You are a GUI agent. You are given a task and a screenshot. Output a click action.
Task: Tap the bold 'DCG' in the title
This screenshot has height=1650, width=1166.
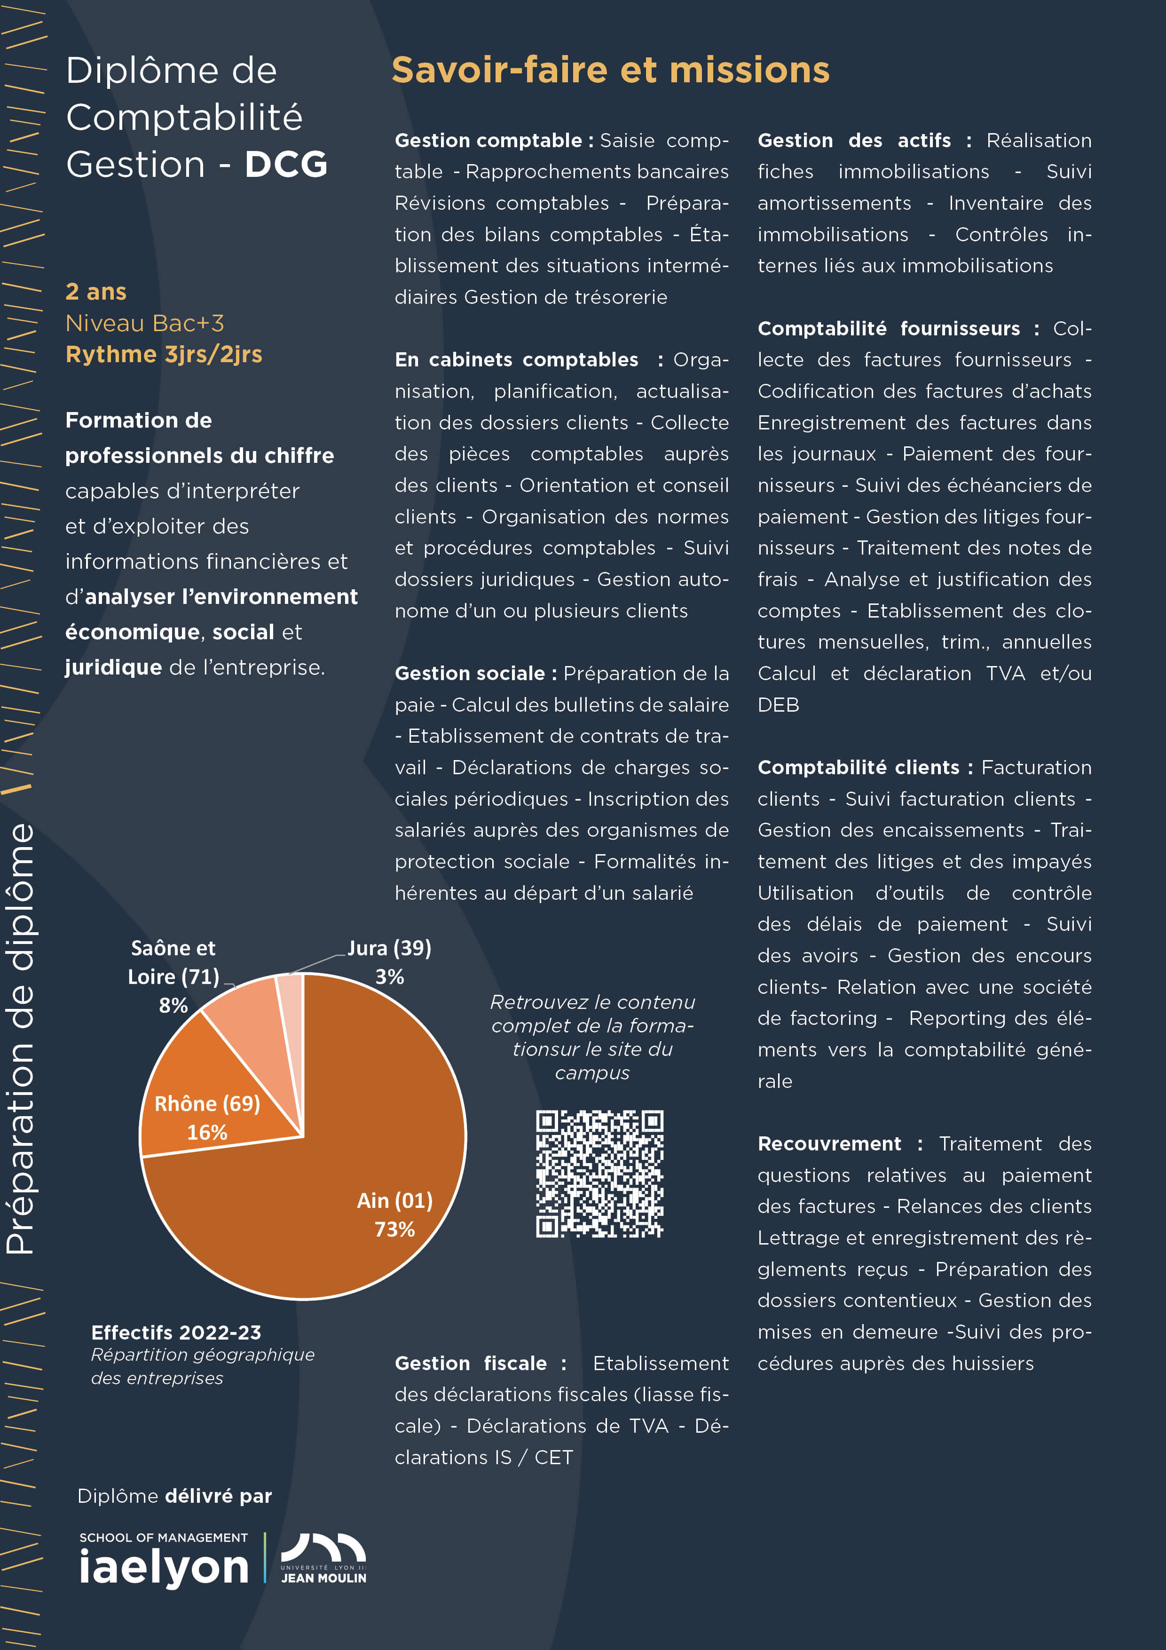(x=286, y=165)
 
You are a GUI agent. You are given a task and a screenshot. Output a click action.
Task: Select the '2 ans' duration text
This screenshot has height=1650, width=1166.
(x=95, y=292)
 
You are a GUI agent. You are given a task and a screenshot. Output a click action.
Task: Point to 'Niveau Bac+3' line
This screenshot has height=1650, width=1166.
(x=144, y=324)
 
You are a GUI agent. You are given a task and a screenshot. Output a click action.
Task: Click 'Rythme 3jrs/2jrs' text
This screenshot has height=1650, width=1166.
(x=164, y=354)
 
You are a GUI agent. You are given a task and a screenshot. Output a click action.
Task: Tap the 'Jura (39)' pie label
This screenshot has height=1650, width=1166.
(x=389, y=949)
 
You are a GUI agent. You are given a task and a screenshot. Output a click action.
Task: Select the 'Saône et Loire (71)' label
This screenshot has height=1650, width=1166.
(x=173, y=963)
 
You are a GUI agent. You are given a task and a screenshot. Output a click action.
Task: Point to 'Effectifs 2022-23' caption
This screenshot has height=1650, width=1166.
(x=176, y=1333)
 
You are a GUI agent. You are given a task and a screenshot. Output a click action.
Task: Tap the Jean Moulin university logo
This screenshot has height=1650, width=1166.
(x=323, y=1558)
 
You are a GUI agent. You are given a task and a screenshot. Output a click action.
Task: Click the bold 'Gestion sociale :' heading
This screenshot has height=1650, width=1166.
(x=476, y=674)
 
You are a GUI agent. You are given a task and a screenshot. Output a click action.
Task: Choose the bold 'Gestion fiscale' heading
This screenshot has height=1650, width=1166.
(x=471, y=1363)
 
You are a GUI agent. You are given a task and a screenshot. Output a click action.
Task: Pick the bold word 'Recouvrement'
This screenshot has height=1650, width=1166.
(x=829, y=1143)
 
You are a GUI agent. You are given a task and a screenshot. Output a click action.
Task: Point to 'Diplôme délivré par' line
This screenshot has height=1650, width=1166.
(x=174, y=1496)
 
